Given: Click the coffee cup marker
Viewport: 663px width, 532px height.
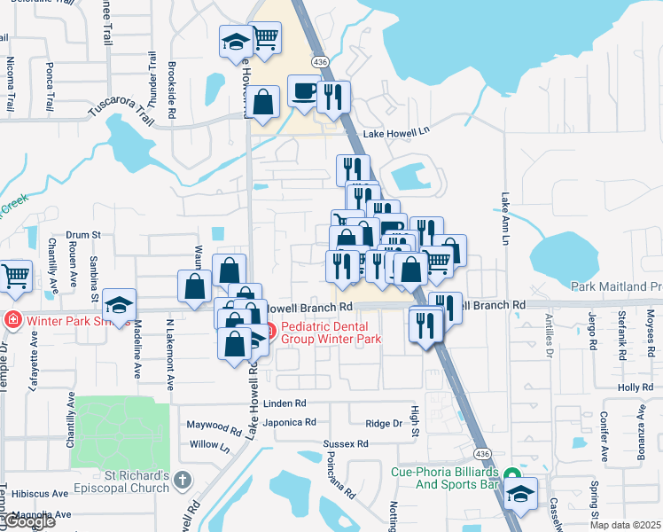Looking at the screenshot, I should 304,91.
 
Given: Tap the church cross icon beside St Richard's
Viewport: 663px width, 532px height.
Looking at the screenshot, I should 183,480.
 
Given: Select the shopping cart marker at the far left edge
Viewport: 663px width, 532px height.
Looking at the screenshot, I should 14,276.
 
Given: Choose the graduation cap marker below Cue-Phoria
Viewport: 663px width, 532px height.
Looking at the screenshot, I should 521,493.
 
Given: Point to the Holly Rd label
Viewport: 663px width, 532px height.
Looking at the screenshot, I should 635,387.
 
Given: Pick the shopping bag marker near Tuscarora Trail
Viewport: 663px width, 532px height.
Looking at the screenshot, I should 263,102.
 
